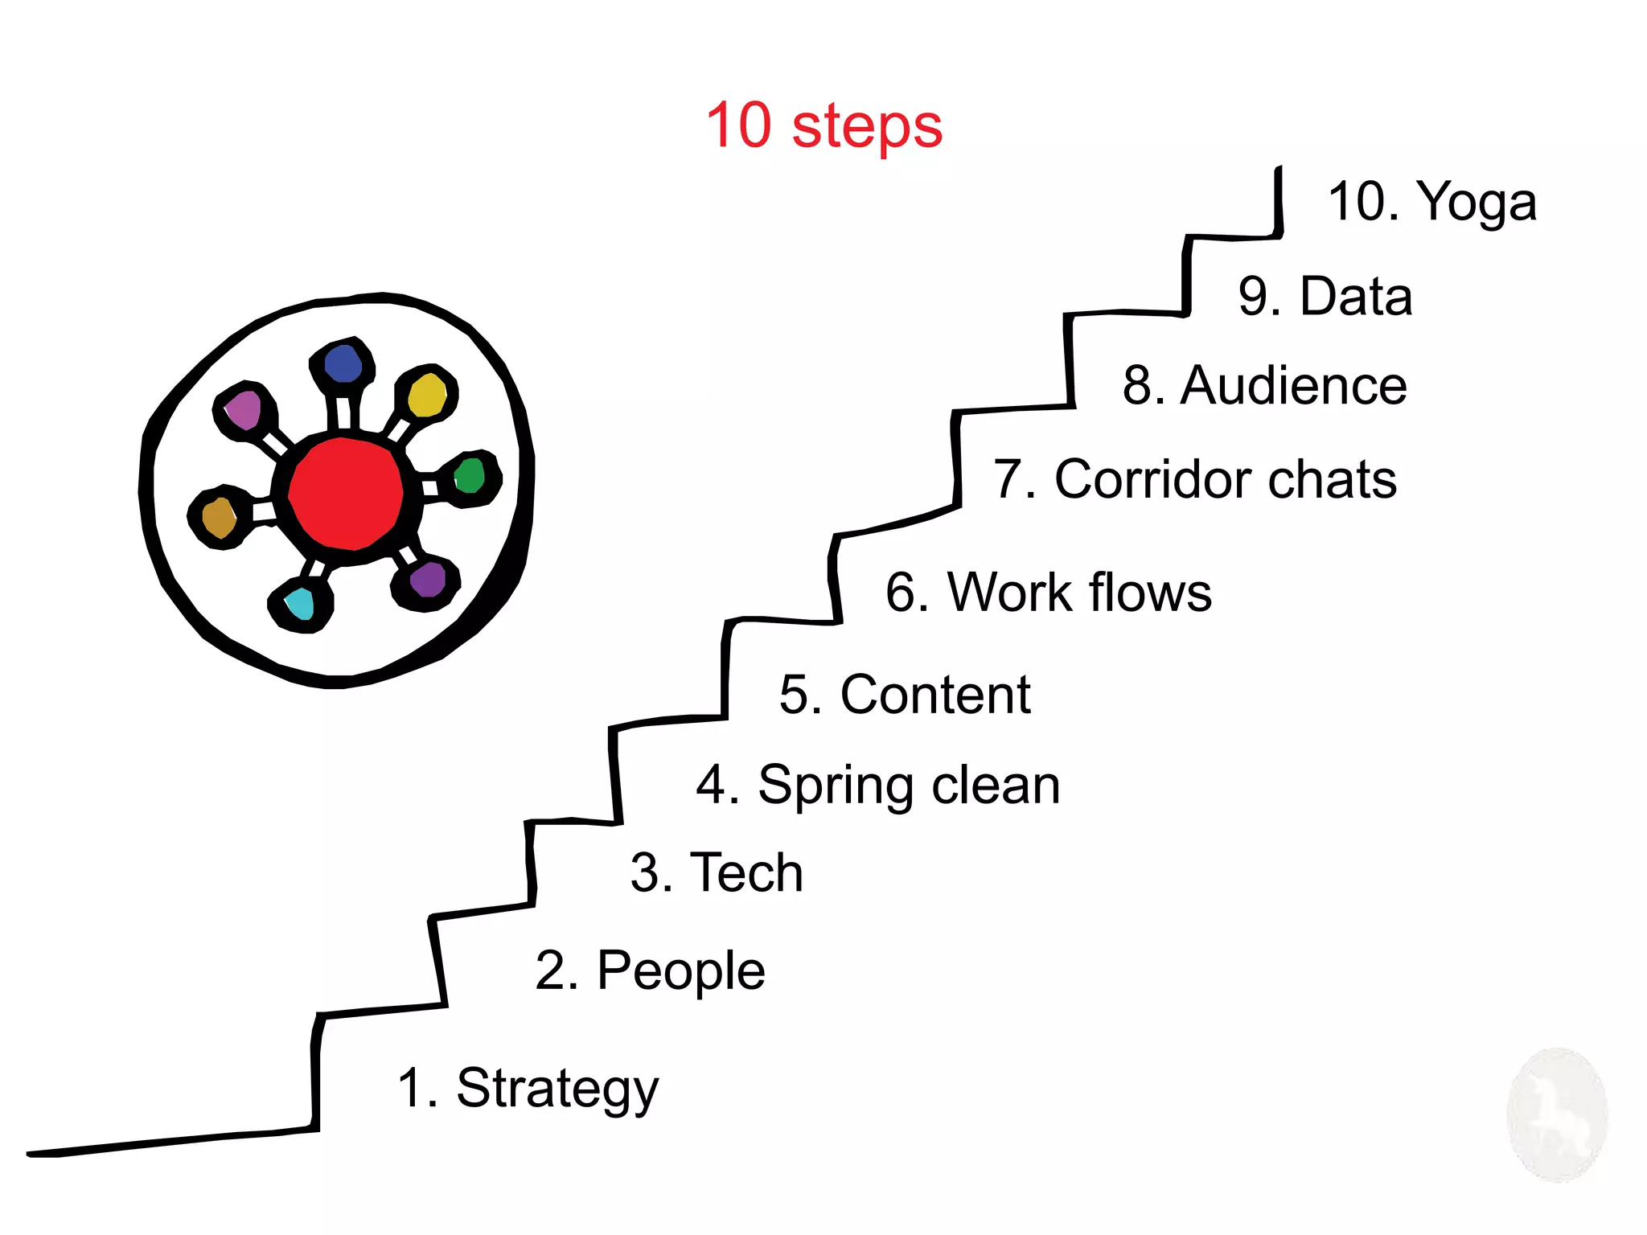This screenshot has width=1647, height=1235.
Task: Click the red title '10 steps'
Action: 823,126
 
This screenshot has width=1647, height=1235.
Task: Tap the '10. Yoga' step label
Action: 1431,201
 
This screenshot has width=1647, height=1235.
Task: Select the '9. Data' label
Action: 1325,296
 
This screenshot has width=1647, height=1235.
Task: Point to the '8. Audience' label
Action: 1264,385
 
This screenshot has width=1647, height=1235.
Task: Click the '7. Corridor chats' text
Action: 1194,479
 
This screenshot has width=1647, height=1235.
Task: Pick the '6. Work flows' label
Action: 1048,592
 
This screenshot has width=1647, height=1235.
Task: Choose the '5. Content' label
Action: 905,694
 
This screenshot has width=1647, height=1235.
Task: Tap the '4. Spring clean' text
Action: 877,786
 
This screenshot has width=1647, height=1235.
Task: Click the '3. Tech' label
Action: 717,872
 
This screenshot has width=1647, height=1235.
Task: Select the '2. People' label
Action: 650,970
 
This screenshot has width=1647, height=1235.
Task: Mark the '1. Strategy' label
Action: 528,1089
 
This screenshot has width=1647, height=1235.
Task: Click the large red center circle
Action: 345,493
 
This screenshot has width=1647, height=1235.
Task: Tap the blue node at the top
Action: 343,363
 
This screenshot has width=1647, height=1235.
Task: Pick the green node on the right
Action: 470,475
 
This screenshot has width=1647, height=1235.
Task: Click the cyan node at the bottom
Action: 300,603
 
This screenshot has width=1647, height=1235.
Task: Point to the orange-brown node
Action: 219,517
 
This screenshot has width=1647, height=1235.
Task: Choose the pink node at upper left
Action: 243,409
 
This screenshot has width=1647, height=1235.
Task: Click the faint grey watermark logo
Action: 1557,1115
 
